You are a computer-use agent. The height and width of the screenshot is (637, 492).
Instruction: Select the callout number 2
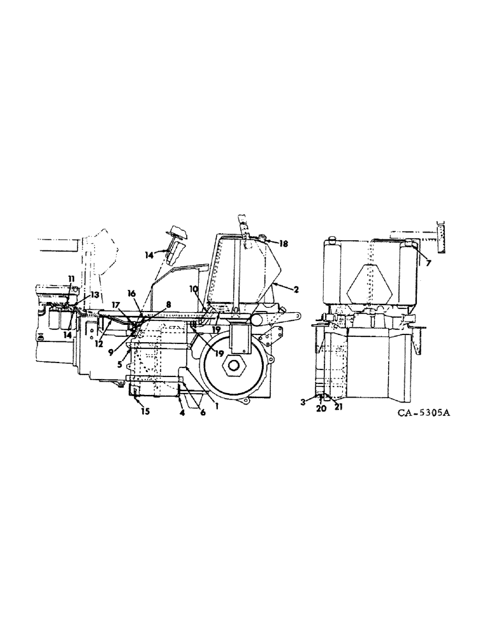[x=296, y=289]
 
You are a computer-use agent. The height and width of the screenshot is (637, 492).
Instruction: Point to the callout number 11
[x=71, y=278]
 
